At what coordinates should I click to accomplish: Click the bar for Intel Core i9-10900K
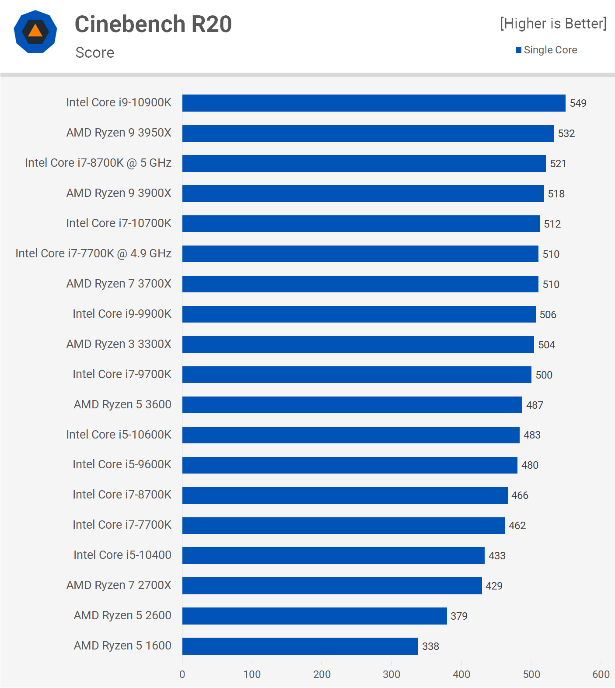(374, 103)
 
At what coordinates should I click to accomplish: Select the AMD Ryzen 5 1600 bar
(300, 646)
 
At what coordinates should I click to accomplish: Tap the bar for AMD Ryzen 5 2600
(314, 616)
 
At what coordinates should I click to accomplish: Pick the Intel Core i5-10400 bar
(333, 555)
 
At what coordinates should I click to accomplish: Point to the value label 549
(578, 103)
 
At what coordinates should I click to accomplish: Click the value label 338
(430, 646)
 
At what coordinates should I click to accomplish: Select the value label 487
(535, 405)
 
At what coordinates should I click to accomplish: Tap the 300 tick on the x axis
(391, 674)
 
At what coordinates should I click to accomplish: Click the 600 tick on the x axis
(601, 674)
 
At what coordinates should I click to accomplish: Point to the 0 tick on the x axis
(182, 674)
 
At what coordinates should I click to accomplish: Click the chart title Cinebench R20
(153, 24)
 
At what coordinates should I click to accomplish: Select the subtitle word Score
(95, 53)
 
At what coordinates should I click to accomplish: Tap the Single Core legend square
(519, 50)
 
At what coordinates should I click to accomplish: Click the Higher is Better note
(553, 24)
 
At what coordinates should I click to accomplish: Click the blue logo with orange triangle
(35, 32)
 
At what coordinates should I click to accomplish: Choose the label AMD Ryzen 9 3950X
(119, 133)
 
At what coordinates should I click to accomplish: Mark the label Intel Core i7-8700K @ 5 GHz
(98, 163)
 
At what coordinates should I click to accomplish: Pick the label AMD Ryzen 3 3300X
(119, 344)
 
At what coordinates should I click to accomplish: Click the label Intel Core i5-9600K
(122, 464)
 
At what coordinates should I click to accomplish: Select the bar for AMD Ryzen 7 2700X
(332, 586)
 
